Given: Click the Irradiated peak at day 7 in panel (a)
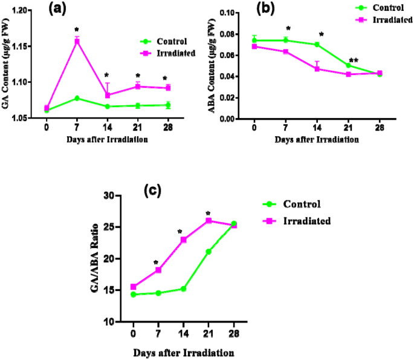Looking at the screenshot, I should click(77, 41).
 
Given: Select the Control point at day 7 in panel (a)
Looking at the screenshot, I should click(77, 98).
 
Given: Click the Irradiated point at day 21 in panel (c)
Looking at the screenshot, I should click(209, 221).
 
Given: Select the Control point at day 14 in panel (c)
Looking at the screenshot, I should click(183, 289).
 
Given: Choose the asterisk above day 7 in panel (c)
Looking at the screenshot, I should click(157, 263).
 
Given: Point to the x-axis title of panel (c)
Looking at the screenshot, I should click(183, 352).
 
